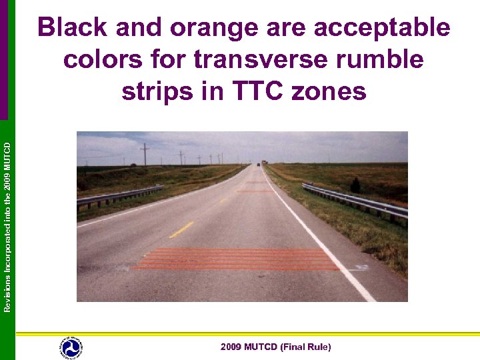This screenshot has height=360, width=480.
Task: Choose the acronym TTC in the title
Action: (x=242, y=91)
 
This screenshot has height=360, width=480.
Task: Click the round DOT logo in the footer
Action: (x=70, y=347)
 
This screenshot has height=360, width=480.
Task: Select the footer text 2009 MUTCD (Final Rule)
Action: (x=275, y=347)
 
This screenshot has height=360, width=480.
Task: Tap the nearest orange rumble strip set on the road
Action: (x=237, y=259)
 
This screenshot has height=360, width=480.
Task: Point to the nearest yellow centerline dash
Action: (x=181, y=230)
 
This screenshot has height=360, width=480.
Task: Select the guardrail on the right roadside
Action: (x=357, y=201)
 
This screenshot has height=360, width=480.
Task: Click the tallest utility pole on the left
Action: (x=145, y=154)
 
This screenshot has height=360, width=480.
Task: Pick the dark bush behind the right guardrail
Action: (x=355, y=185)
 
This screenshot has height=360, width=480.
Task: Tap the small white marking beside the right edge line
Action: (x=362, y=267)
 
